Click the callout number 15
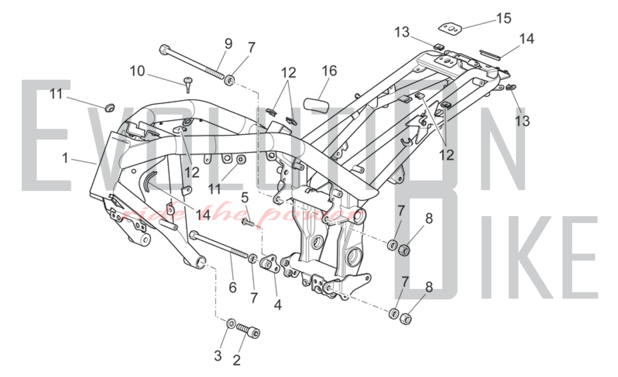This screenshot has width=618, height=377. coord(504,18)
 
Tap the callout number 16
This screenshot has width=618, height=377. coord(329,71)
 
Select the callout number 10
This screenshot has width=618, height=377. coord(137,71)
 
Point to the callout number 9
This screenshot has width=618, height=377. coord(228,44)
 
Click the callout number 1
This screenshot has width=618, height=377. coord(65,158)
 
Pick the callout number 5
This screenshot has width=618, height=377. coord(245,197)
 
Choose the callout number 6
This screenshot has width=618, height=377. coord(233,287)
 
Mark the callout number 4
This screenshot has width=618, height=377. coord(278,305)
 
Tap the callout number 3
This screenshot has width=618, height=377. coord(218,356)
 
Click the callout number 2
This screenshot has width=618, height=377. coord(237,360)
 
